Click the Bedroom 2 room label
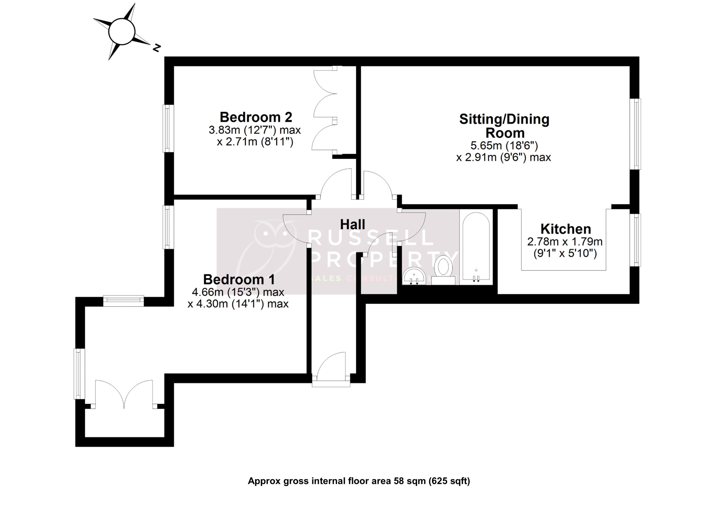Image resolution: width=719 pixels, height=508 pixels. [x=256, y=117]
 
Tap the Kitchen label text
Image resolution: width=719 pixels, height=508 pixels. [x=566, y=229]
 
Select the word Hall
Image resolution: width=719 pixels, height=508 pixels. [x=352, y=225]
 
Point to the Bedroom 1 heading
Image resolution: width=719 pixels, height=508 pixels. [x=239, y=279]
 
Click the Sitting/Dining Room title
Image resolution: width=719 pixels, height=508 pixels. [x=504, y=126]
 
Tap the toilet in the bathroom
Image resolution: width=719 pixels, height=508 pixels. [x=443, y=269]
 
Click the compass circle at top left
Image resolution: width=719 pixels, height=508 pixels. [x=122, y=31]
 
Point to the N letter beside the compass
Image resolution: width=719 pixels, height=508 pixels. [x=156, y=48]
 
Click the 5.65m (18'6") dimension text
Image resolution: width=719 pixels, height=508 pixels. [x=504, y=146]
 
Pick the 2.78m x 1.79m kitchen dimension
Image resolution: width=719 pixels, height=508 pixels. [x=565, y=242]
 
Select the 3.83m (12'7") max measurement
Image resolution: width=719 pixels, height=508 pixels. [x=254, y=130]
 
